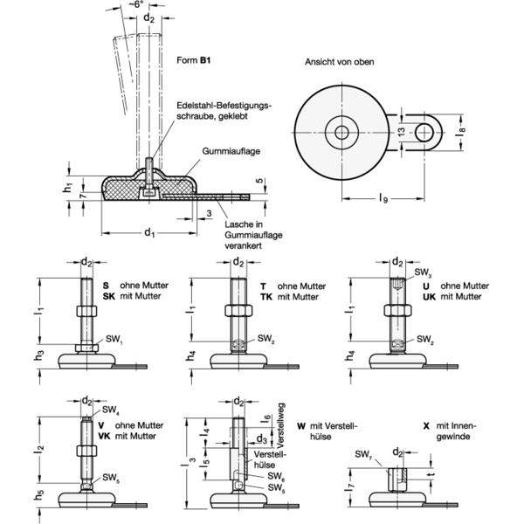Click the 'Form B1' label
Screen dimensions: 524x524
click(194, 60)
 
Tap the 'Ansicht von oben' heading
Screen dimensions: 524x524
click(339, 62)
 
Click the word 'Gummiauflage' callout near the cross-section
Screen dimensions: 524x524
click(231, 151)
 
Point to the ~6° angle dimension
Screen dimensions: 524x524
click(136, 5)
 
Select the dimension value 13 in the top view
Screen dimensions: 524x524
click(402, 131)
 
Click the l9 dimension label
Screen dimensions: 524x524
click(383, 199)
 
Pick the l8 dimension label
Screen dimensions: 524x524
click(461, 131)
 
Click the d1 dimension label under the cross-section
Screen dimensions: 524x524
click(149, 232)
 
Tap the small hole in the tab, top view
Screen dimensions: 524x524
click(424, 133)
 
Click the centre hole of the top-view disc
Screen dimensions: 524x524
click(341, 133)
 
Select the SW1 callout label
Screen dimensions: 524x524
click(114, 340)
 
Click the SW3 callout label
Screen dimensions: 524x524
click(423, 272)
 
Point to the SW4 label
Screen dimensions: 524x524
click(111, 410)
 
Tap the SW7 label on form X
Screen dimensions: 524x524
click(363, 454)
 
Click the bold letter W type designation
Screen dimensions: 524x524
click(301, 426)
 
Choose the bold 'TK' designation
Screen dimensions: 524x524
click(266, 297)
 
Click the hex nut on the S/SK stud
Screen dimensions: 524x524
click(86, 311)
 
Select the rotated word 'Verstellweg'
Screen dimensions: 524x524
click(281, 426)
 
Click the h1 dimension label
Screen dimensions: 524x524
click(68, 188)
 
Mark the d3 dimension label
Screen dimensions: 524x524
click(261, 438)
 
